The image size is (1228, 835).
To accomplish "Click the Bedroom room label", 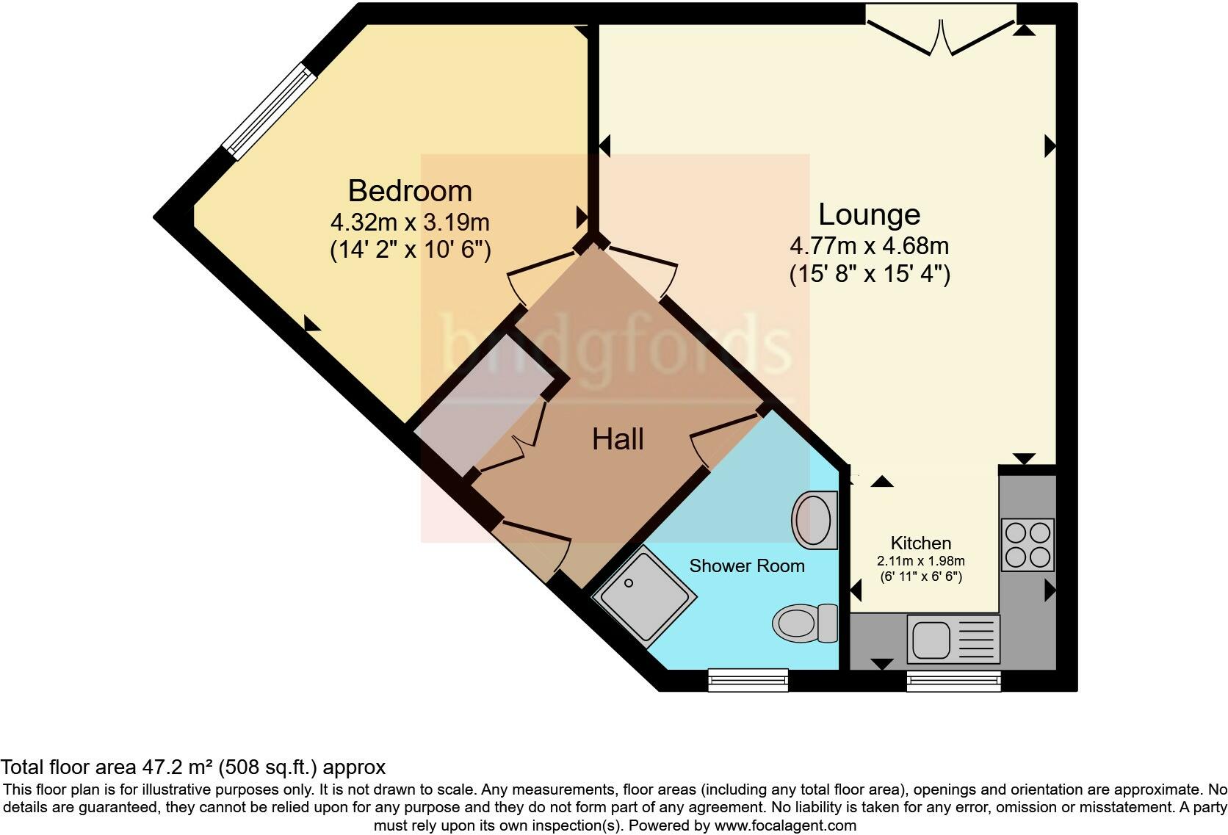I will [x=410, y=191].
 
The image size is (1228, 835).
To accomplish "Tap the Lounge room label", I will [x=869, y=214].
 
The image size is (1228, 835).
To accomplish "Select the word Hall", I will [x=618, y=439].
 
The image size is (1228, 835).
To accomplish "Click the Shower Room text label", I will [x=747, y=566].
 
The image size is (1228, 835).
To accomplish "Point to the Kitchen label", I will [x=920, y=543].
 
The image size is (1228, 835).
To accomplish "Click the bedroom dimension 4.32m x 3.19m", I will [x=410, y=222].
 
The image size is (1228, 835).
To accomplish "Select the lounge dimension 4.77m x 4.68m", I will [x=869, y=245].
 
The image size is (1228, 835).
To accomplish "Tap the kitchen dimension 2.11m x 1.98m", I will [x=920, y=561].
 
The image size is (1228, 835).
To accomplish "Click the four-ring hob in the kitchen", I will [x=1027, y=544].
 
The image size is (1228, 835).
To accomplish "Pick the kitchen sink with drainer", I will [x=953, y=638].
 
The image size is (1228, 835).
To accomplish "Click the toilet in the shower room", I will [x=805, y=623].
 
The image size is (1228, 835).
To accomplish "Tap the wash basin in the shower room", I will [x=814, y=520].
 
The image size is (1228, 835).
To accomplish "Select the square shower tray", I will [x=644, y=596].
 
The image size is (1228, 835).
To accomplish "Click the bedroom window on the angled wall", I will [x=269, y=111].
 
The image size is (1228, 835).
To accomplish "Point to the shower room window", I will [x=748, y=680].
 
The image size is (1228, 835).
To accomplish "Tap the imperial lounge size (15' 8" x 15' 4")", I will [x=869, y=275].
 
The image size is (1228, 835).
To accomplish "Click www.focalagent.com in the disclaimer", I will [x=784, y=825].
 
